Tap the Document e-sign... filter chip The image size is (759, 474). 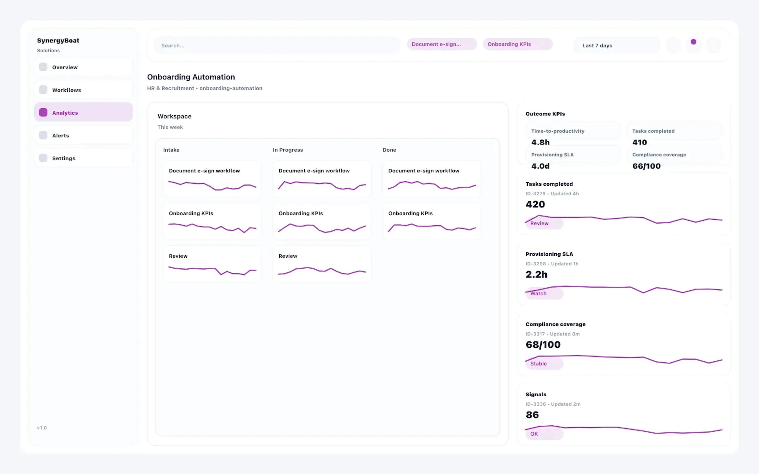(441, 44)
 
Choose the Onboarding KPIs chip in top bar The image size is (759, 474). (517, 44)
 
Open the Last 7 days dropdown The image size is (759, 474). (616, 45)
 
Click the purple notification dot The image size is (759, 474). (693, 42)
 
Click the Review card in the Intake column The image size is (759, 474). (212, 264)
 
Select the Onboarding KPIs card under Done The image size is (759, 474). (431, 221)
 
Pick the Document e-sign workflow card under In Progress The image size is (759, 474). (322, 179)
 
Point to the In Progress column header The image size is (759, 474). (288, 150)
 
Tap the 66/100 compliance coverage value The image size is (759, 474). (646, 166)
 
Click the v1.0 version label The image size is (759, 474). (42, 428)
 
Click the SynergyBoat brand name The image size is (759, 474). (58, 40)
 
